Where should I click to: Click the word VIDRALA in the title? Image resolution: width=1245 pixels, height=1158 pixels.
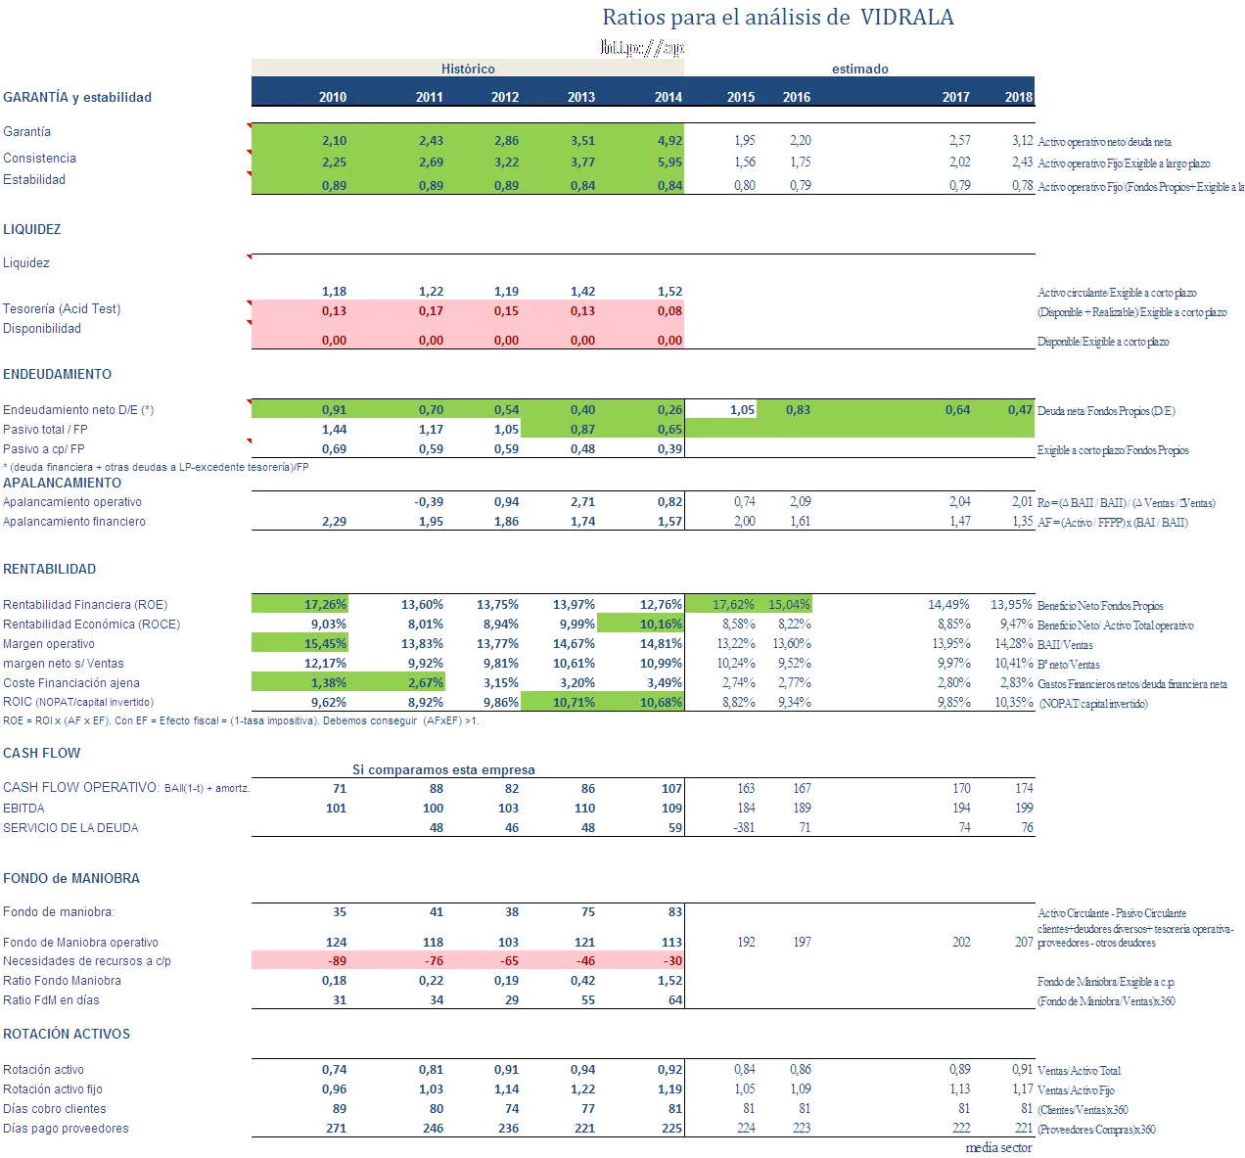[906, 18]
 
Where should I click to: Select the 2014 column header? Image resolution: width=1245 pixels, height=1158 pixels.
[669, 97]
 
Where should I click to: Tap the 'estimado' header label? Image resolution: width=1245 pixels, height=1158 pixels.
[859, 69]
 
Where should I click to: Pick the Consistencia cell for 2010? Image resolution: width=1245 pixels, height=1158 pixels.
[334, 162]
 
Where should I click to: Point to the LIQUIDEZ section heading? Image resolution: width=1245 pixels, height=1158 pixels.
[32, 229]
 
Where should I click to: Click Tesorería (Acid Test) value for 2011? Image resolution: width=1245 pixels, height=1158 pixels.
[431, 311]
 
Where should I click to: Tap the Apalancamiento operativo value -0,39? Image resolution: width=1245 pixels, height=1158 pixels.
[428, 502]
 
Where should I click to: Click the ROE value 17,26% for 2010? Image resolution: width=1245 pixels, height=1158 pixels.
[325, 605]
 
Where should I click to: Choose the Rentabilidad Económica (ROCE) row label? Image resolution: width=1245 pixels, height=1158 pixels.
[92, 625]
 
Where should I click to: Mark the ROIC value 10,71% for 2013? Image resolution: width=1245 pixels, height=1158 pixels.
[574, 703]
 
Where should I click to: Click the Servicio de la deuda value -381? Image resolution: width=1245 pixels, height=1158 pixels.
[745, 828]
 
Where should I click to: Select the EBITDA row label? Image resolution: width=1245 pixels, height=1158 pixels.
[24, 809]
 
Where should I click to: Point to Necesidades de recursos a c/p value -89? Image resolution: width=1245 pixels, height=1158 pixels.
[337, 961]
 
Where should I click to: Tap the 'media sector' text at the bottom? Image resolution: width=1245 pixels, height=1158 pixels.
[998, 1148]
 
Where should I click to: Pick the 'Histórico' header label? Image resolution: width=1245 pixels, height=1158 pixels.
[468, 69]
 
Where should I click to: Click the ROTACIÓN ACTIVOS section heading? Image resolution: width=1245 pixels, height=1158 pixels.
[67, 1034]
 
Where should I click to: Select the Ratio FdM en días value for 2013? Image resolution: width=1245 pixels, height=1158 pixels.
[587, 1000]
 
